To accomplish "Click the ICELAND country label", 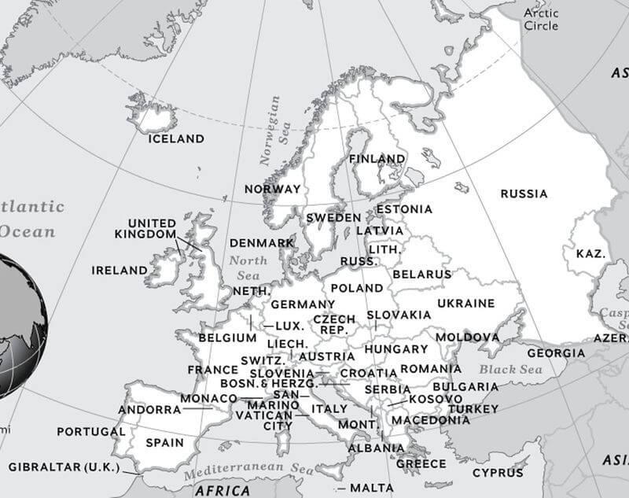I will [176, 138].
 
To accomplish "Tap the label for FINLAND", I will [377, 159].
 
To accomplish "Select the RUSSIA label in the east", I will [524, 194].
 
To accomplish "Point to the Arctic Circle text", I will [541, 20].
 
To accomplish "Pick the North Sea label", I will [248, 267].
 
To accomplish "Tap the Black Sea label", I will [511, 369].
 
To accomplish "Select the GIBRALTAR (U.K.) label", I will [64, 467].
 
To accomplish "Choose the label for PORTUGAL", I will [90, 432].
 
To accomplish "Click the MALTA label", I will [371, 488].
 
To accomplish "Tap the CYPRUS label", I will [498, 473].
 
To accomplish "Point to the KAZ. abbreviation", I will [590, 254].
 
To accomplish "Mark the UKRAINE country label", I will [465, 303].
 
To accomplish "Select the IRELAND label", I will [120, 270].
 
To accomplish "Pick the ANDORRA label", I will [149, 409].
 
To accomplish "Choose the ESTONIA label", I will [404, 209].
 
